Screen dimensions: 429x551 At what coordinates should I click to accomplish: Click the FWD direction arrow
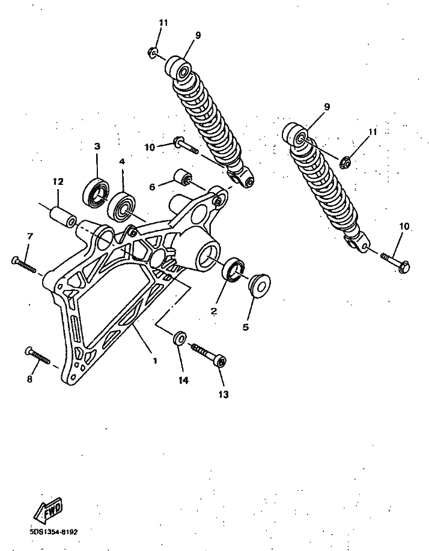point(48,510)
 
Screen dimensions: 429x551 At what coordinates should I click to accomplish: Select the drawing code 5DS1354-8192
point(54,532)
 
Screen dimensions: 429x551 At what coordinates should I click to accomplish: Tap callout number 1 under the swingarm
point(155,361)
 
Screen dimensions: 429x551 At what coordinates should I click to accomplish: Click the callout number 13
point(224,394)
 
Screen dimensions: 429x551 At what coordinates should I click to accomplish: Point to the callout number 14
point(183,380)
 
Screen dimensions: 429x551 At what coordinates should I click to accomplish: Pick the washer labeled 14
point(180,338)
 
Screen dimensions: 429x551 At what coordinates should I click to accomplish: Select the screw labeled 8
point(37,355)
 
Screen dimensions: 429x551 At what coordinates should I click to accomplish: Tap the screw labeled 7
point(24,265)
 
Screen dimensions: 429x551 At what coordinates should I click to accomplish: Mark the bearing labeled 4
point(121,206)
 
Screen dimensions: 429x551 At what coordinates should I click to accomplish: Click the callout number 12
point(58,182)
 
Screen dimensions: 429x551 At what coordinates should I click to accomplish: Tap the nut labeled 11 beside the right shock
point(345,162)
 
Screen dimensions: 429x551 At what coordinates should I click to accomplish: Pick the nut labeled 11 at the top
point(152,53)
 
